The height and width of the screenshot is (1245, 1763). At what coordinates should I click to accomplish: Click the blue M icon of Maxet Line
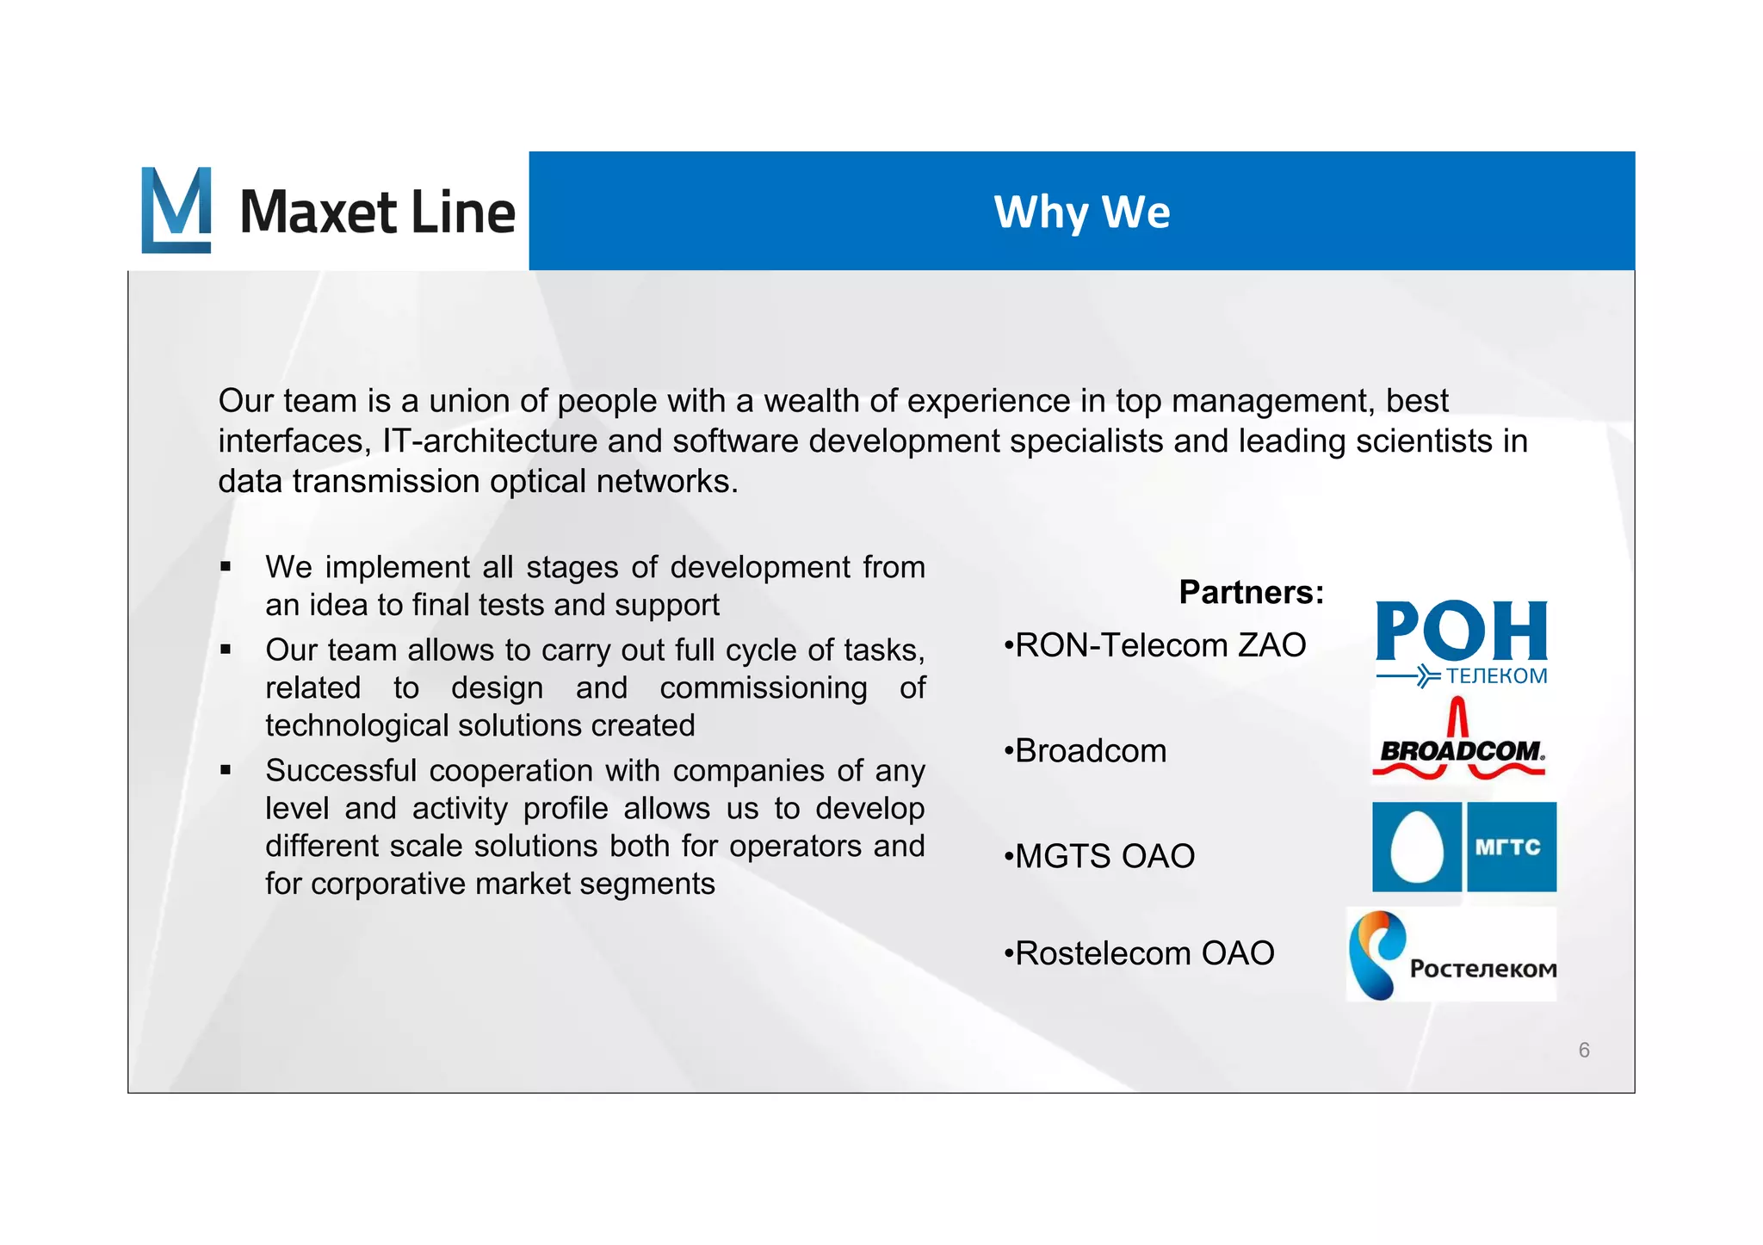176,210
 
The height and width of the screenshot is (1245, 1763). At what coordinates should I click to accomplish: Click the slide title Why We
1081,212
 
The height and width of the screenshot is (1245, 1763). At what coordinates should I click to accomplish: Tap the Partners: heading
1251,592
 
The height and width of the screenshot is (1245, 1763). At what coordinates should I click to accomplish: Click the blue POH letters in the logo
1461,631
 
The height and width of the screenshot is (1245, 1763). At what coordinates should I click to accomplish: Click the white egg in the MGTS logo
1416,847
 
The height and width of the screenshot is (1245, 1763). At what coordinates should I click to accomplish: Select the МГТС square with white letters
1511,847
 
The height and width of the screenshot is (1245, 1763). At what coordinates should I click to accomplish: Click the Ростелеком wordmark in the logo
1482,969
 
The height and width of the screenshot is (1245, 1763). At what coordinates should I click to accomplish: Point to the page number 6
1583,1050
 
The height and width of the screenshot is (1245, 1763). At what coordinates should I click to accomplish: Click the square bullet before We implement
226,567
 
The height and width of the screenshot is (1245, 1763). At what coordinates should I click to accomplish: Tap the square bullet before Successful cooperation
226,770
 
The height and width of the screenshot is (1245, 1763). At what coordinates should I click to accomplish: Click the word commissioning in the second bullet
764,688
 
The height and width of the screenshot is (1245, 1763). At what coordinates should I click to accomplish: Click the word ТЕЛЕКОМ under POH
1496,676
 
